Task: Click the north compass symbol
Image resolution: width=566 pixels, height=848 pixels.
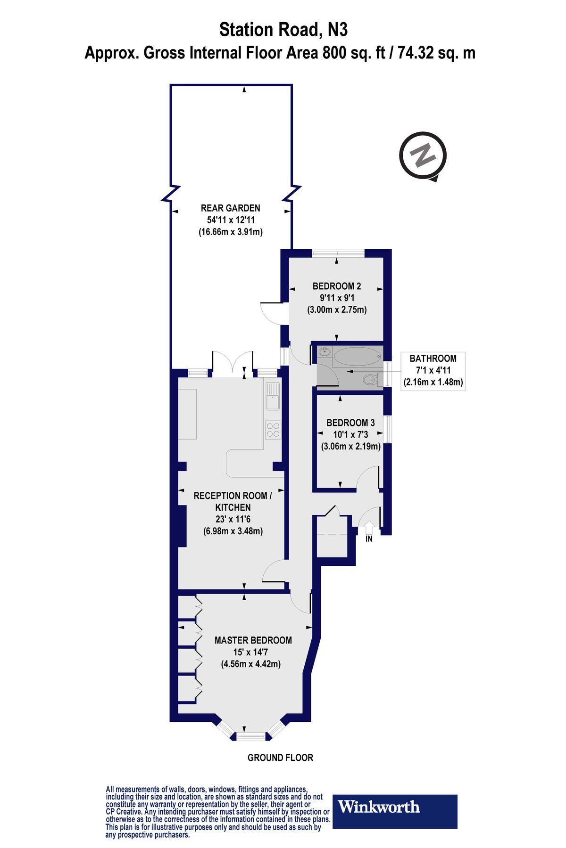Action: point(423,155)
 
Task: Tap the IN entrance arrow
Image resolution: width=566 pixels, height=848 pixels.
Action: point(369,526)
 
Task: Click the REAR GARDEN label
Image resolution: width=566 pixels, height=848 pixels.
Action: point(230,208)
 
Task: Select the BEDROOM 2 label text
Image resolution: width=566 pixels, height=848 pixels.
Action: point(336,286)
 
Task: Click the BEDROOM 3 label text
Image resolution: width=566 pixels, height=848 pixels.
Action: point(350,423)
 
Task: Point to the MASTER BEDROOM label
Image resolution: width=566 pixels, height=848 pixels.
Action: point(253,640)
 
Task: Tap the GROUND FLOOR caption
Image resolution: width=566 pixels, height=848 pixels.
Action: point(280,758)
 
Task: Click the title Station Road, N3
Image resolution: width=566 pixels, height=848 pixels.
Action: point(283,30)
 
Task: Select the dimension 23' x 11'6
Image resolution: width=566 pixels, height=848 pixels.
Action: point(233,519)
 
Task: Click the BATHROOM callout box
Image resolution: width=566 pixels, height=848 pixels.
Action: point(433,370)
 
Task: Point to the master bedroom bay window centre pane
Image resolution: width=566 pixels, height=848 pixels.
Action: point(250,736)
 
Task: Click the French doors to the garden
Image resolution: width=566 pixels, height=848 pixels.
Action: point(233,364)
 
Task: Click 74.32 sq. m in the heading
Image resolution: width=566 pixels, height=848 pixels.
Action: point(436,53)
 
